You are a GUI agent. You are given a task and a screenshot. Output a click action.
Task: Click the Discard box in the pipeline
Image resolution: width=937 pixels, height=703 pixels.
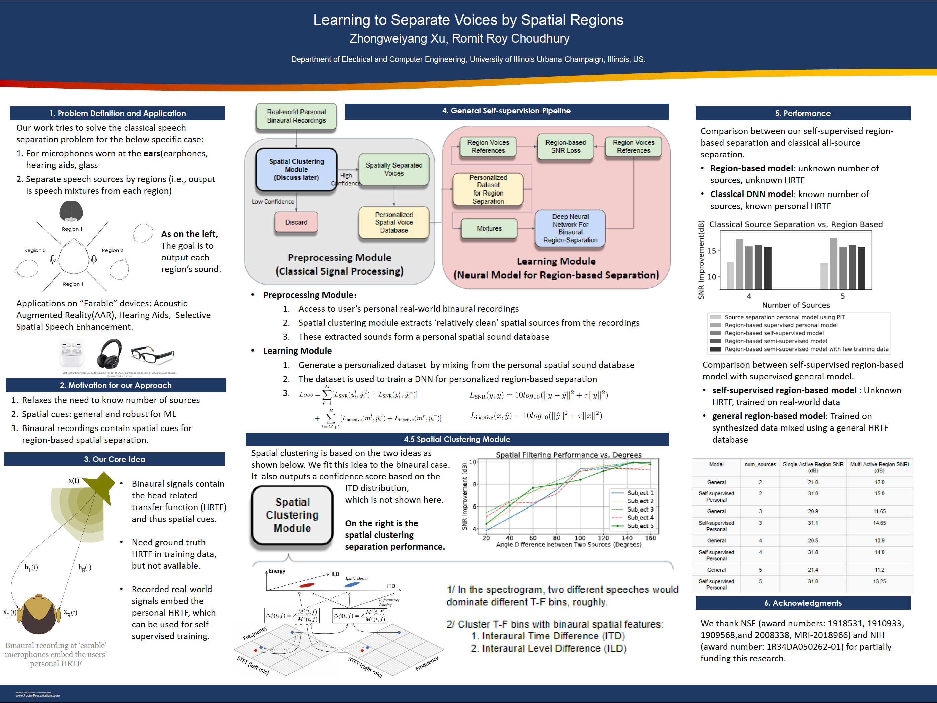[x=296, y=222]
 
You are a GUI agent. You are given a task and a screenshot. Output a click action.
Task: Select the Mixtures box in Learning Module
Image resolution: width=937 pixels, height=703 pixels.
[x=489, y=228]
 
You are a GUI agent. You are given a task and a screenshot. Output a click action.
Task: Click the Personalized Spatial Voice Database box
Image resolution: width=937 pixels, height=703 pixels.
[x=393, y=222]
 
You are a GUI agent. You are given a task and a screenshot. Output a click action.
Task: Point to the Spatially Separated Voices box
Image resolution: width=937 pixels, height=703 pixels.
[x=393, y=169]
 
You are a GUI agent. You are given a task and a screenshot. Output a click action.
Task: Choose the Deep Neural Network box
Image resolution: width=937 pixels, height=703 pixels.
[x=570, y=228]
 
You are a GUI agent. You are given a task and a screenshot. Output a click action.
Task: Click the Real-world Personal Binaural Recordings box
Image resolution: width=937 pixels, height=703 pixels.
[x=296, y=116]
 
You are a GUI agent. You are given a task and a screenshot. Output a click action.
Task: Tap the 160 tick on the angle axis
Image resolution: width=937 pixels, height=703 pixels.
[x=650, y=538]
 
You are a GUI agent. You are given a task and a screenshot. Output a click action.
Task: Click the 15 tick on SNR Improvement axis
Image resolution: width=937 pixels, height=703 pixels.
[x=712, y=251]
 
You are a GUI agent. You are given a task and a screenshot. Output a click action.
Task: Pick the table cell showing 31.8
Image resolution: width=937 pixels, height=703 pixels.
[x=812, y=552]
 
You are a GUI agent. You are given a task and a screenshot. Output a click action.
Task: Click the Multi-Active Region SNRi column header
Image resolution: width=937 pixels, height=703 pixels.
[x=879, y=467]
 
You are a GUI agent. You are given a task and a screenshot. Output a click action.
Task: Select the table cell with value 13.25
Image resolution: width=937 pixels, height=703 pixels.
[x=879, y=581]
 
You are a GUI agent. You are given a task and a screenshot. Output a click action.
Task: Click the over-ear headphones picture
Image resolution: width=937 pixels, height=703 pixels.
[x=109, y=353]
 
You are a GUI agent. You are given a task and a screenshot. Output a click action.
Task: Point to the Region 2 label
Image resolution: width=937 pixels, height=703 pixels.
[x=112, y=250]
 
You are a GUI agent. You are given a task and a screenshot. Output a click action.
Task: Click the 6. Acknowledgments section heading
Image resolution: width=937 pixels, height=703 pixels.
[x=802, y=603]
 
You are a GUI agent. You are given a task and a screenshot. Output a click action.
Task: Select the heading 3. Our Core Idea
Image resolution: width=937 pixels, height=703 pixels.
[x=115, y=459]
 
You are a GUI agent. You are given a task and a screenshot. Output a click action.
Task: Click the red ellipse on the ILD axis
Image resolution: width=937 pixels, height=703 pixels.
[x=307, y=585]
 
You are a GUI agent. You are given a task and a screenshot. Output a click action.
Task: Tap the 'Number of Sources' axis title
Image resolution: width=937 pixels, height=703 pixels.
[x=796, y=305]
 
